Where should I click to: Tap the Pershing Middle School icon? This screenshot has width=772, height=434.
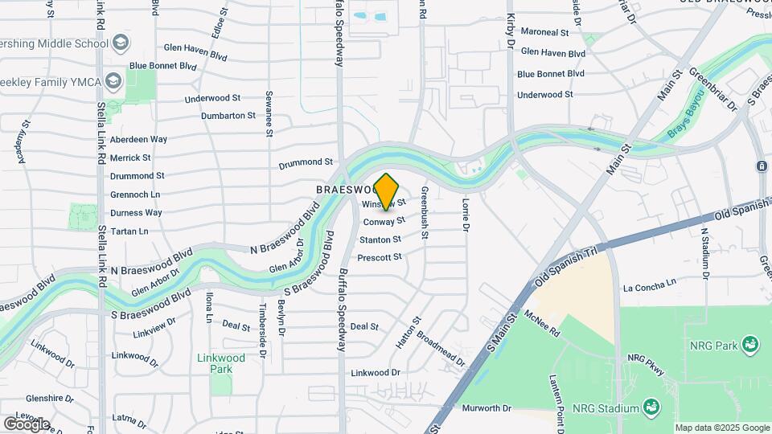tap(120, 42)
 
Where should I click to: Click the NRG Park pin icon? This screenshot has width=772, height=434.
tap(749, 345)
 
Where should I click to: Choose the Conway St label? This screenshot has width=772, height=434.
tap(383, 221)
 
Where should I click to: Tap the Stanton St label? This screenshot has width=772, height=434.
tap(380, 240)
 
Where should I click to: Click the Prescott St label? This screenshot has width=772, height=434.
tap(379, 257)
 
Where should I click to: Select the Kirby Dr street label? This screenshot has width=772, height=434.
tap(510, 32)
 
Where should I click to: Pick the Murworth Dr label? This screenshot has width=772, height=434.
tap(487, 408)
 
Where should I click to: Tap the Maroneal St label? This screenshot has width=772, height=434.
tap(544, 33)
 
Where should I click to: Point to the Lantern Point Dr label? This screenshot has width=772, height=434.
tap(554, 395)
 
